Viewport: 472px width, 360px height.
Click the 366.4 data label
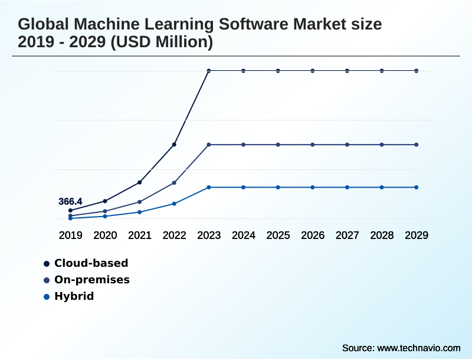point(70,202)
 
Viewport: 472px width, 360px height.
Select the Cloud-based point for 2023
point(209,71)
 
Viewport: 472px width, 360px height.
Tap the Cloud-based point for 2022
point(174,144)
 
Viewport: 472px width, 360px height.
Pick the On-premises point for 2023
point(209,145)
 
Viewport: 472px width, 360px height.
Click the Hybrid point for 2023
point(209,187)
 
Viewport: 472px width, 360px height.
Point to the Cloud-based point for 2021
point(140,182)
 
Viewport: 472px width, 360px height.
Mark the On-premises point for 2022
point(174,183)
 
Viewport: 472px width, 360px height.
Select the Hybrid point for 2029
point(417,187)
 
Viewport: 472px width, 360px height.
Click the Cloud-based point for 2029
point(417,71)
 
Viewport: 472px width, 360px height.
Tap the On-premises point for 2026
point(313,145)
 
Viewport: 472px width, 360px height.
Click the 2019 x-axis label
point(71,235)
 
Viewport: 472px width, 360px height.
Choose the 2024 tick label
point(244,235)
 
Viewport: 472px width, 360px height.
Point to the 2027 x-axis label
point(348,235)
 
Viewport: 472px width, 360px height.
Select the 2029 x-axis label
point(417,235)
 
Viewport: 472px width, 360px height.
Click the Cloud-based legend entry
point(91,263)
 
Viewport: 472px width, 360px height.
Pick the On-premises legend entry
point(91,280)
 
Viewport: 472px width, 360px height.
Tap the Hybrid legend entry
point(74,296)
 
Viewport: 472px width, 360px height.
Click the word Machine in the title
point(116,25)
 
